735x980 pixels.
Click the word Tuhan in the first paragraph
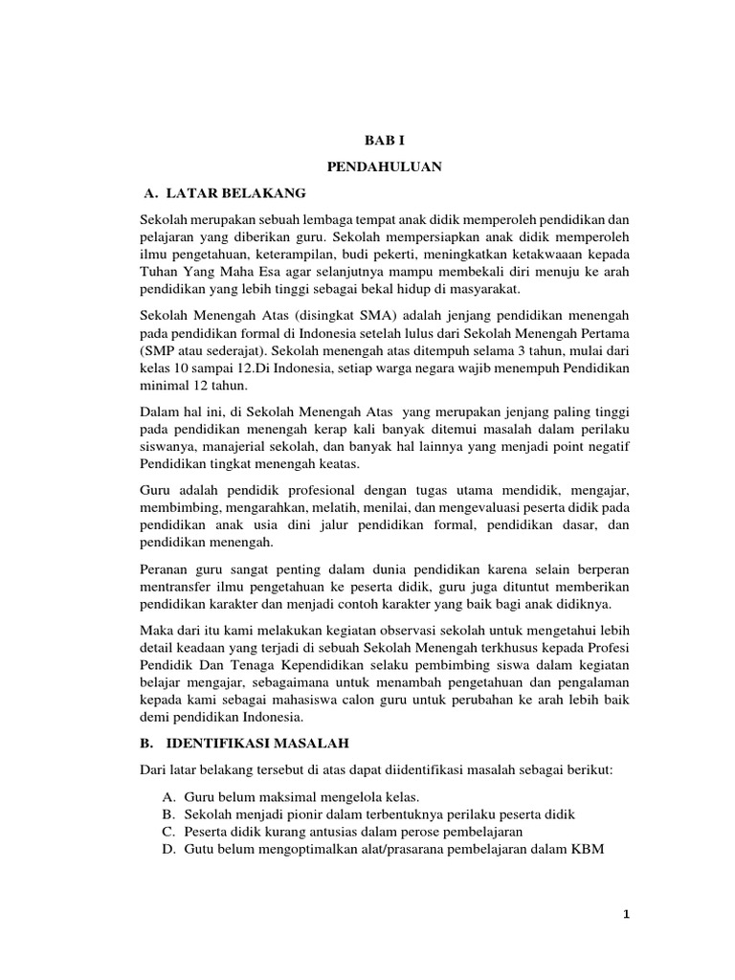[160, 272]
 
